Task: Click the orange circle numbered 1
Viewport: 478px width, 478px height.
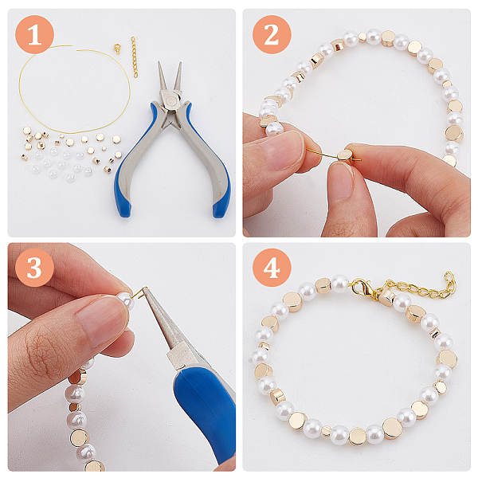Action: click(x=34, y=35)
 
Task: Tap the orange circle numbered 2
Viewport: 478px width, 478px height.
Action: click(x=272, y=35)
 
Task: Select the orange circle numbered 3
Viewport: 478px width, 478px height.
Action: click(x=34, y=268)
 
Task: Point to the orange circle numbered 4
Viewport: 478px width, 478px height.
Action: click(x=272, y=268)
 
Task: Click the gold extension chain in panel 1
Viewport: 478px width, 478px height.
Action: click(x=134, y=57)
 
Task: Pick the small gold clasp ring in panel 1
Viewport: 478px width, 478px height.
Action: click(x=117, y=49)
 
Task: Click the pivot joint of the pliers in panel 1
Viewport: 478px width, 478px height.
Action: click(x=170, y=100)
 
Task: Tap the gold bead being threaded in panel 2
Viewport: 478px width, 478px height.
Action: click(x=344, y=155)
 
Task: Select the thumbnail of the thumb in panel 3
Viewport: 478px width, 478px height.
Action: click(x=103, y=323)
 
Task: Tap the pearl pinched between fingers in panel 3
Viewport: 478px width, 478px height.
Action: click(x=127, y=300)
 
